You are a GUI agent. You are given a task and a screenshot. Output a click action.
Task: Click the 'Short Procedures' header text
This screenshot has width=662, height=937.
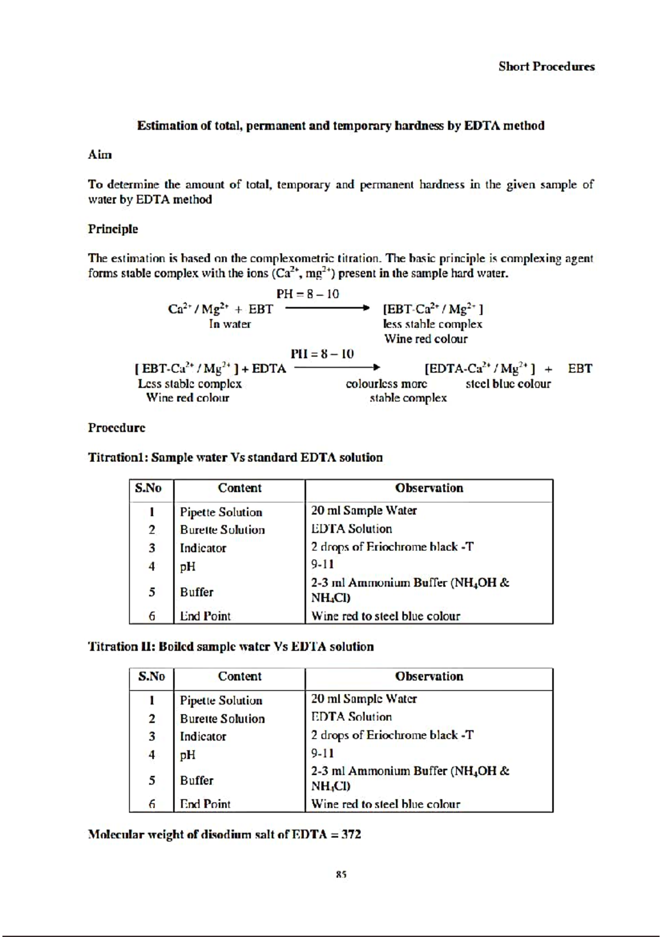[x=546, y=67]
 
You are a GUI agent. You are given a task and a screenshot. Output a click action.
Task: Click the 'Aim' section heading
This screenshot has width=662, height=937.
[x=100, y=155]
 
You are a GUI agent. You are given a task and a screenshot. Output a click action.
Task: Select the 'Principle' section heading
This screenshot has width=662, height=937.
[x=113, y=229]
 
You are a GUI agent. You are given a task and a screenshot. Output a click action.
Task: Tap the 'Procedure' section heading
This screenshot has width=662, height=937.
[x=116, y=428]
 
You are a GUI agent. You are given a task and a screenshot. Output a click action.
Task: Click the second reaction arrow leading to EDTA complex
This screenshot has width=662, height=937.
[x=337, y=368]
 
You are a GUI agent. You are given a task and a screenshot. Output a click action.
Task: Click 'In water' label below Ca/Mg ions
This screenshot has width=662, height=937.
[x=229, y=324]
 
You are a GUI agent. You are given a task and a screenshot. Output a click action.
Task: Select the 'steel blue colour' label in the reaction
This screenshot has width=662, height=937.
[x=508, y=384]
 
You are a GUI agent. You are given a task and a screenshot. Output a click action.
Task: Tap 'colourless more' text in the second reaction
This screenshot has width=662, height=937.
[x=386, y=384]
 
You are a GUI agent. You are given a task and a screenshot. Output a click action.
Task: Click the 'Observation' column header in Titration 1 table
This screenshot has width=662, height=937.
[x=429, y=488]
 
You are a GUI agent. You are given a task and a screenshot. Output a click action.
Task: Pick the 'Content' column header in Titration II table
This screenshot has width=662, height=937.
[x=239, y=677]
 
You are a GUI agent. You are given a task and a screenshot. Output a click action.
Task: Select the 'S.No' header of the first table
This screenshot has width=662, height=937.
[x=148, y=488]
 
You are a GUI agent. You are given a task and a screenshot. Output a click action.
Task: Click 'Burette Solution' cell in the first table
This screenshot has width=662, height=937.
[x=222, y=530]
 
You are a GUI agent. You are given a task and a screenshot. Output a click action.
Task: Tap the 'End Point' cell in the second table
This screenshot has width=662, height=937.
[x=205, y=804]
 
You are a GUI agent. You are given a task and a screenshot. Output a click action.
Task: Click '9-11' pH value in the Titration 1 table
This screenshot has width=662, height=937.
[x=322, y=565]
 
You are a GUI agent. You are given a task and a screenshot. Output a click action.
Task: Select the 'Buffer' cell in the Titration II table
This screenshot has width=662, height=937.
[x=196, y=780]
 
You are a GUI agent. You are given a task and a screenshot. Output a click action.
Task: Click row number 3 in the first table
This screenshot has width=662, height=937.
[x=152, y=548]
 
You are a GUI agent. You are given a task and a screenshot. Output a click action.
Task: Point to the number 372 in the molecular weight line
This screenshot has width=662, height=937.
[x=351, y=834]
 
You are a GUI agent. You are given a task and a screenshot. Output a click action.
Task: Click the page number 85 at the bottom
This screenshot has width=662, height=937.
[x=341, y=874]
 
